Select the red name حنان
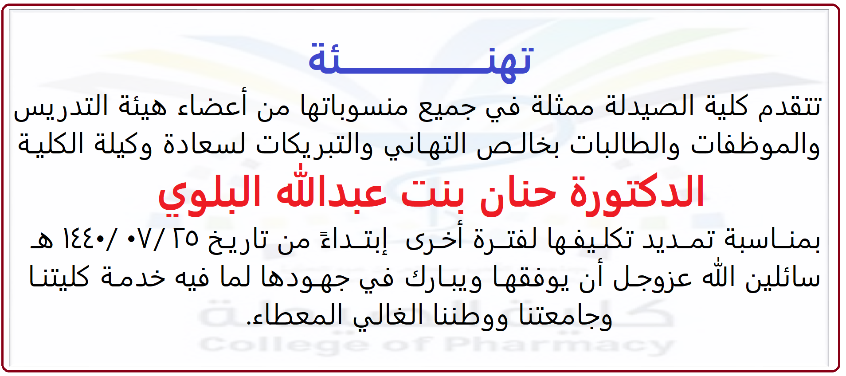point(518,193)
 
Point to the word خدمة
point(133,277)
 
